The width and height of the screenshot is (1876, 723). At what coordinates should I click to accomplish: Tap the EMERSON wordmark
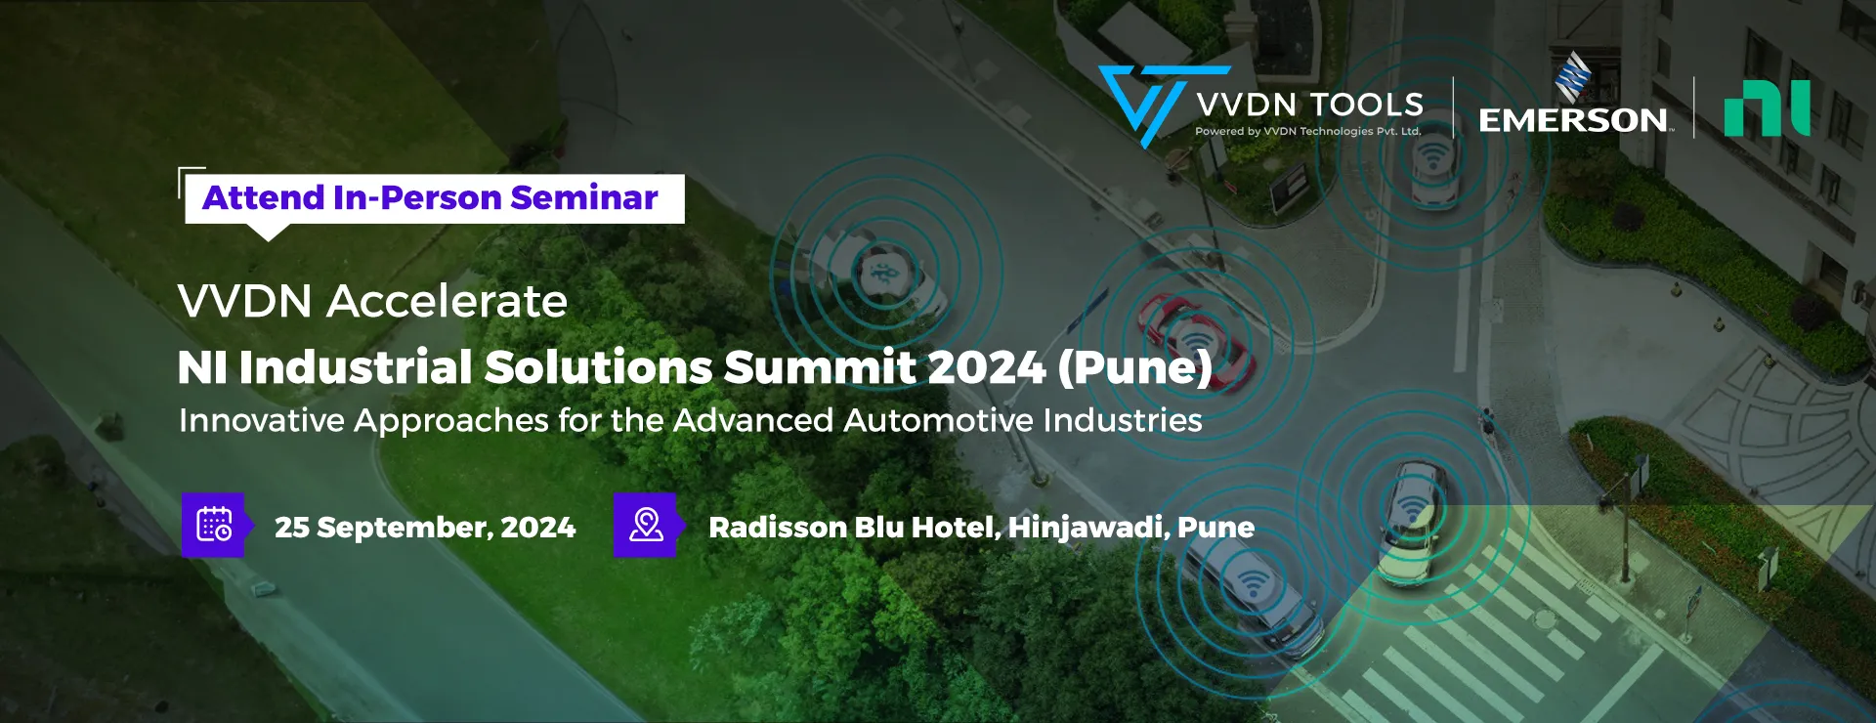coord(1573,120)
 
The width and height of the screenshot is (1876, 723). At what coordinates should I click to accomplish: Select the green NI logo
coord(1767,108)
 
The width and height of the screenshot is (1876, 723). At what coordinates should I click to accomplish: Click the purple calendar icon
coord(214,525)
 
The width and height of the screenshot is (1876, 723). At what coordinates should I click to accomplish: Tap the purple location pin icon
coord(646,525)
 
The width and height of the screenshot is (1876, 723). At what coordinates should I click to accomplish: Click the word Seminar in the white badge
coord(584,197)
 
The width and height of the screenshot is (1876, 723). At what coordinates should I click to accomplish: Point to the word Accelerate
coord(447,301)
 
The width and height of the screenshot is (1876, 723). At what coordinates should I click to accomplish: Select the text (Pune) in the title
coord(1134,368)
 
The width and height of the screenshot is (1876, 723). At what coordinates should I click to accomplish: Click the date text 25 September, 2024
coord(425,528)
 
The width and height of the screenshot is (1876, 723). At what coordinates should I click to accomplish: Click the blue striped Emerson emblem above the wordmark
coord(1573,76)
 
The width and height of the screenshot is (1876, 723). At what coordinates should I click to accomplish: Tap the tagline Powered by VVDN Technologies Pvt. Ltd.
coord(1307,131)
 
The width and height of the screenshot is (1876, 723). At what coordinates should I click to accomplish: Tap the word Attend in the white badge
coord(263,197)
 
